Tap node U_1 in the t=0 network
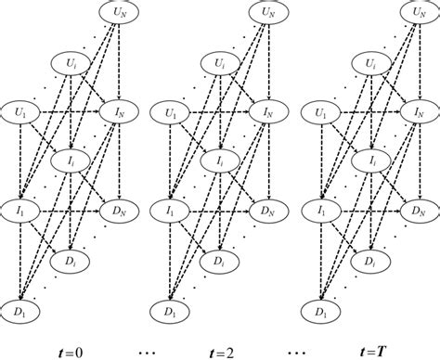tap(19, 112)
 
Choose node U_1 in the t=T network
tap(322, 112)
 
